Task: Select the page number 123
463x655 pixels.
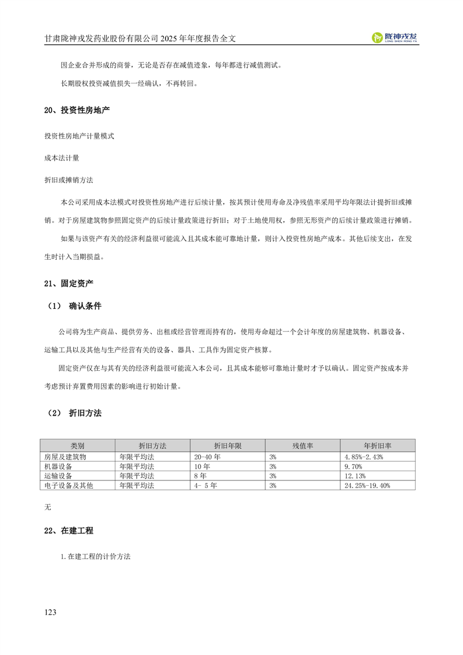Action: (50, 612)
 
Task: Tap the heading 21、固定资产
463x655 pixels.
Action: (69, 283)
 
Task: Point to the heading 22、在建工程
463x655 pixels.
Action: (69, 531)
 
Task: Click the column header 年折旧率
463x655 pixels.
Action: (377, 445)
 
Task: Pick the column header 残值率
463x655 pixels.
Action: (302, 445)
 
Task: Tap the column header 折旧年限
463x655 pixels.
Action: (228, 445)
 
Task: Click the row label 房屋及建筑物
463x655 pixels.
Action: (65, 457)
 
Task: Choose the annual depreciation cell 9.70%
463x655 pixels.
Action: (354, 466)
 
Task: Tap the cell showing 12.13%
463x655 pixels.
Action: (355, 476)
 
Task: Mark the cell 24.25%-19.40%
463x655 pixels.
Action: (367, 485)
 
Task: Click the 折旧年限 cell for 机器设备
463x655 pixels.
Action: (202, 466)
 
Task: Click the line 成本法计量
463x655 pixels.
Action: (61, 158)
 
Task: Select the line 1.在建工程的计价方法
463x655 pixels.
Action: (95, 556)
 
